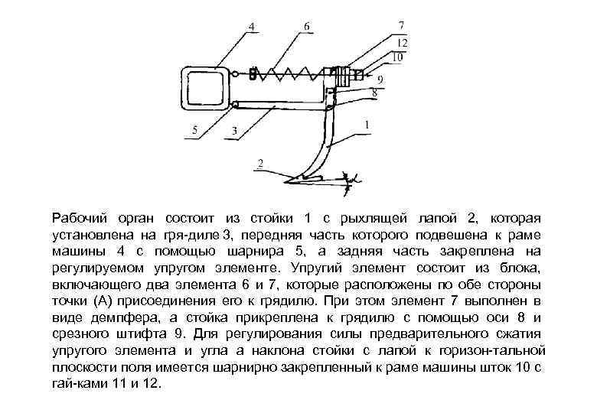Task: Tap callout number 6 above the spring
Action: [x=307, y=26]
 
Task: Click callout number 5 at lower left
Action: [x=194, y=131]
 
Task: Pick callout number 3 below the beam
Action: [x=233, y=132]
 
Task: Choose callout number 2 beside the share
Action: [x=260, y=163]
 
